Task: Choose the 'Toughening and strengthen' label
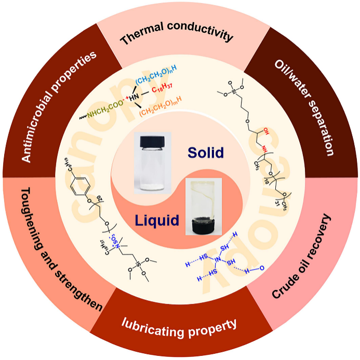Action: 52,249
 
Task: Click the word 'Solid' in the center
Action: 206,153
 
